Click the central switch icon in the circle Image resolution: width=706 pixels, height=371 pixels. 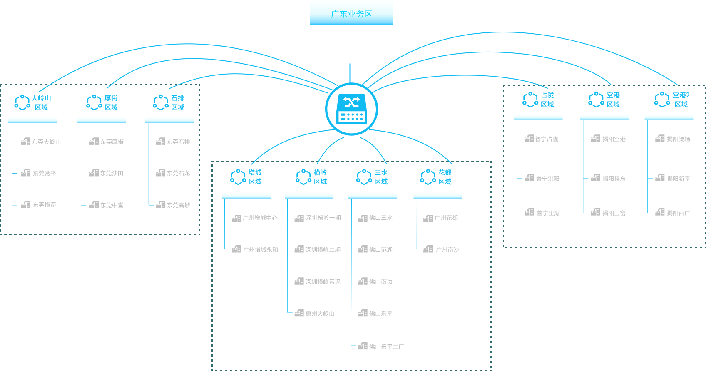click(x=351, y=109)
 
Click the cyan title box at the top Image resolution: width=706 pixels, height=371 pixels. click(x=351, y=12)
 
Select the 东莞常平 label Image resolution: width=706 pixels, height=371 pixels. click(x=44, y=173)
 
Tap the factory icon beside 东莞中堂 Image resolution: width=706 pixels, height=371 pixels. click(x=94, y=205)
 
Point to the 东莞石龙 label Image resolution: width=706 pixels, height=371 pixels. click(x=178, y=173)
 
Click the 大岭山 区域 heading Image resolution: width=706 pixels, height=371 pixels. click(x=41, y=102)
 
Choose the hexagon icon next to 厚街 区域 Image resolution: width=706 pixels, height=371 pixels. click(x=94, y=102)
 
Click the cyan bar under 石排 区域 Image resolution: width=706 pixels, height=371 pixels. click(x=169, y=120)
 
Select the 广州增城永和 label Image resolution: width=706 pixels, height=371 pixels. click(x=260, y=250)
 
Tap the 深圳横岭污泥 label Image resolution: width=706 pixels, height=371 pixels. click(x=323, y=282)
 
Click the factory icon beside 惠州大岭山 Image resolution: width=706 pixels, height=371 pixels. click(x=299, y=314)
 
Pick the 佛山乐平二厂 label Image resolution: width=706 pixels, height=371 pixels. click(x=386, y=346)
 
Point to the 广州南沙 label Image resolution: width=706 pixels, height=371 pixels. click(x=447, y=250)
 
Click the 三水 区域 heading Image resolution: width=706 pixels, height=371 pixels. click(x=381, y=177)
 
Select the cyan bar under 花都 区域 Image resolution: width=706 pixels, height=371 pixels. click(x=438, y=196)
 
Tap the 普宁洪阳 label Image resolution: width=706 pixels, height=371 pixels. click(x=547, y=179)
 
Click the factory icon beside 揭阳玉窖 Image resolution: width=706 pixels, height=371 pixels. click(x=595, y=212)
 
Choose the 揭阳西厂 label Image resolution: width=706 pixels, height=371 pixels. click(x=678, y=213)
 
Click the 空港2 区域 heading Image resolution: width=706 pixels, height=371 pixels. click(x=681, y=100)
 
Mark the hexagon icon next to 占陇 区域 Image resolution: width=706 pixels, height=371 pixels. click(x=530, y=100)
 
